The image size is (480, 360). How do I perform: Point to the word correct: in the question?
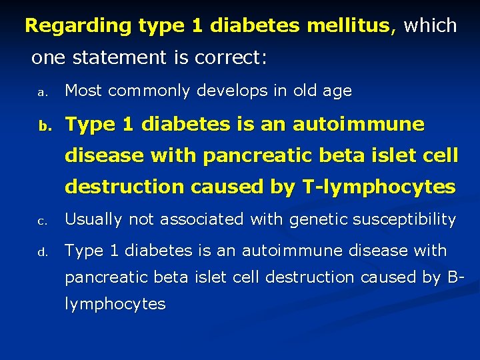pyautogui.click(x=231, y=58)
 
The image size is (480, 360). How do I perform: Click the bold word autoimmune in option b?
pyautogui.click(x=358, y=124)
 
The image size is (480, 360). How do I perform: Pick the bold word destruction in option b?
pyautogui.click(x=124, y=187)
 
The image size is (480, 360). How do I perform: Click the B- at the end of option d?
pyautogui.click(x=455, y=277)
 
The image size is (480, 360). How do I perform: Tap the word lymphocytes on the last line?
pyautogui.click(x=115, y=305)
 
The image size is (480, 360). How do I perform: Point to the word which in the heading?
pyautogui.click(x=430, y=27)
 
